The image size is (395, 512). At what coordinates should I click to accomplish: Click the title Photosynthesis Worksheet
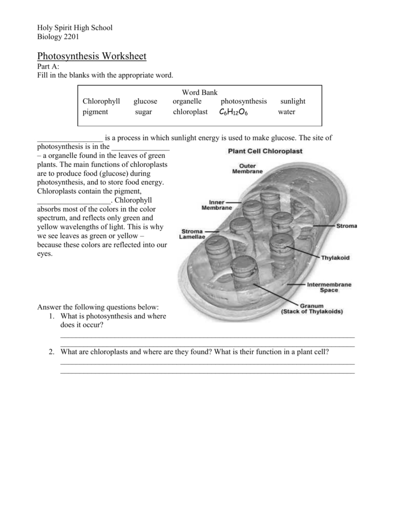point(91,56)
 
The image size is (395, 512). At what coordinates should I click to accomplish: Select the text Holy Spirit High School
point(74,27)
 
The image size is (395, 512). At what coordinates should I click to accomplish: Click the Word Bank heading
point(199,92)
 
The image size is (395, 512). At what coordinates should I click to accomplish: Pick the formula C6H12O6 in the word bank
point(233,112)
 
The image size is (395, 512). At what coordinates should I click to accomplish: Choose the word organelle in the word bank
point(187,101)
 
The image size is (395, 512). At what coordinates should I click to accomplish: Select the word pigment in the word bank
point(95,112)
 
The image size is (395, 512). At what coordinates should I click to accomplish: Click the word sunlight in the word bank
point(293,101)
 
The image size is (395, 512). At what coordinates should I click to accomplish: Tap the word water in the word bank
point(286,112)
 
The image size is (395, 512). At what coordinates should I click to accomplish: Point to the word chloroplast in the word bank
point(190,112)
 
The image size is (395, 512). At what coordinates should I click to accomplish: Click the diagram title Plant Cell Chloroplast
point(265,151)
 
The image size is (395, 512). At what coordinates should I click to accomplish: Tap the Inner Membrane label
point(216,205)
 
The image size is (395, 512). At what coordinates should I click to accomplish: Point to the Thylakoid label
point(335,258)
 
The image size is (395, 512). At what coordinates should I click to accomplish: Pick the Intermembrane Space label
point(329,287)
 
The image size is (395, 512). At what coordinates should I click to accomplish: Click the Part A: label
point(48,67)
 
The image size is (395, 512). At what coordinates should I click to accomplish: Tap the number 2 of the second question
point(52,352)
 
